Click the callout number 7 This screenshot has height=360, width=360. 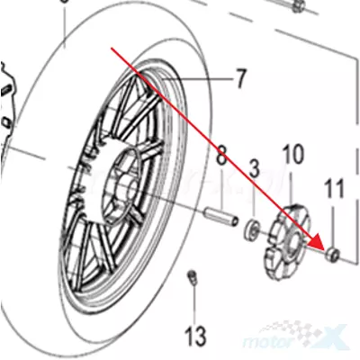[x=240, y=78]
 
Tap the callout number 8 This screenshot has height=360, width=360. [x=221, y=155]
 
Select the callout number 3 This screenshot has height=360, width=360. [x=255, y=168]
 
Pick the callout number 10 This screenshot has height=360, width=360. [x=292, y=154]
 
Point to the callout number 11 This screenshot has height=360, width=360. [x=334, y=188]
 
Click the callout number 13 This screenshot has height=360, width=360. [x=195, y=335]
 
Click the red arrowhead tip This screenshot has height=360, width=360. [x=325, y=250]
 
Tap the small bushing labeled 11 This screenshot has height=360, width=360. [x=332, y=255]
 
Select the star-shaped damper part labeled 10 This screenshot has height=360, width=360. [x=287, y=241]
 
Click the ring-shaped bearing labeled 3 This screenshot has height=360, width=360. [x=251, y=230]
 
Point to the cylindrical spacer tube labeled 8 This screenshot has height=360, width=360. [x=221, y=217]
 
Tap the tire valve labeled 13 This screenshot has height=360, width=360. [x=192, y=276]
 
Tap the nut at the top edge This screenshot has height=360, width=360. [x=299, y=5]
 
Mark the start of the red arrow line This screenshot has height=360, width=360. [x=112, y=48]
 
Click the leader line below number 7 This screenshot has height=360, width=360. [x=197, y=80]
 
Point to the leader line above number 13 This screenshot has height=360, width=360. [x=194, y=303]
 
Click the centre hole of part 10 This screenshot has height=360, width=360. [x=293, y=242]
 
